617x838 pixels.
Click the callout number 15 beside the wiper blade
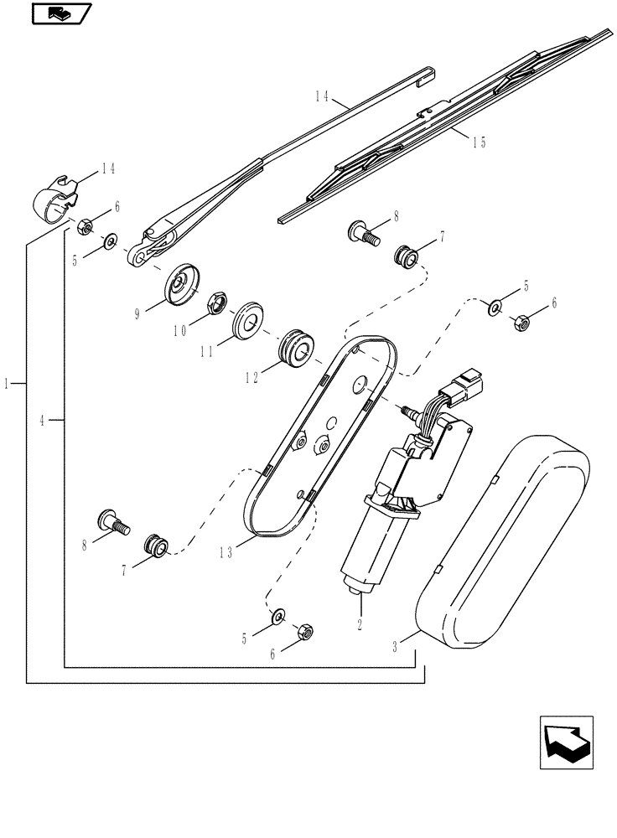479,142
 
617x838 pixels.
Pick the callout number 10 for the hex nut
179,331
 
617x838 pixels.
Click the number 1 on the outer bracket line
8,383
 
